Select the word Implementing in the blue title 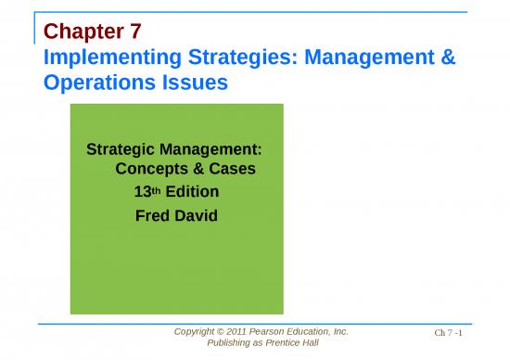pos(105,59)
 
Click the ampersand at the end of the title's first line pos(446,59)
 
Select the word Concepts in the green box pos(150,170)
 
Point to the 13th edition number pos(148,193)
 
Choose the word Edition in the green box pos(192,193)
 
